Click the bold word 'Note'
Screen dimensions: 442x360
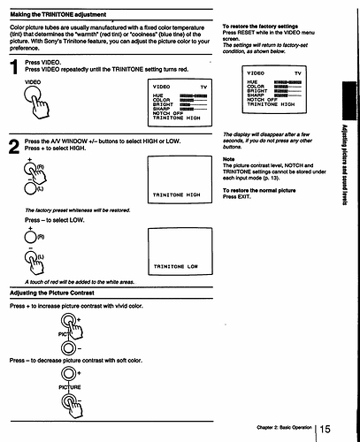point(228,158)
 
